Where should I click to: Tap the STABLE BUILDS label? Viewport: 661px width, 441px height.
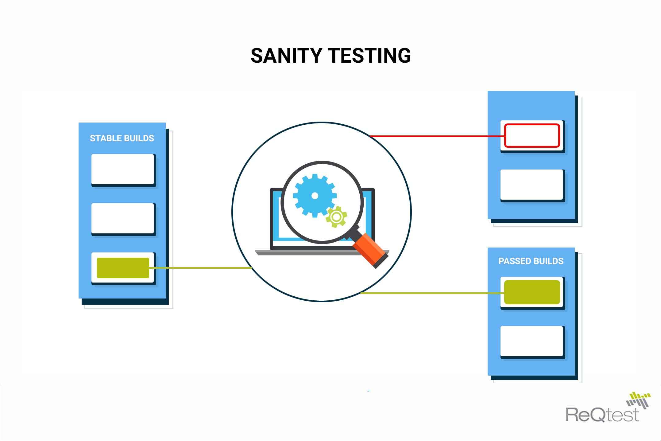[x=122, y=138]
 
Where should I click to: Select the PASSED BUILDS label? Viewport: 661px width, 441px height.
[x=531, y=261]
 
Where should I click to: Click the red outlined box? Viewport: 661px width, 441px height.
[x=532, y=135]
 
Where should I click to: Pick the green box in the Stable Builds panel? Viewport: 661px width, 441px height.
[x=123, y=268]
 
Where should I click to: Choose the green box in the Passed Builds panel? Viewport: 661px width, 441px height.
[x=532, y=292]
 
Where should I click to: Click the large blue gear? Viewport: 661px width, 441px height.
[x=315, y=196]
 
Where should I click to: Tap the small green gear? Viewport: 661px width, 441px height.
[x=336, y=217]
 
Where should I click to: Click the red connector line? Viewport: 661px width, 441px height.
[x=437, y=136]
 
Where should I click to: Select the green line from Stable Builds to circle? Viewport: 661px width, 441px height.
[x=201, y=268]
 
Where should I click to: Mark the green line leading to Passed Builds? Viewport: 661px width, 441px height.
[x=432, y=293]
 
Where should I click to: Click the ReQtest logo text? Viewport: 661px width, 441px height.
[x=602, y=414]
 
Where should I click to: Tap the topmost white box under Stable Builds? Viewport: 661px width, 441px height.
[x=123, y=169]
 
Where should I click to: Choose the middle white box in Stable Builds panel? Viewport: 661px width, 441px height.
[x=123, y=218]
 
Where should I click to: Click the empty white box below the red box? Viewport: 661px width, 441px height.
[x=532, y=185]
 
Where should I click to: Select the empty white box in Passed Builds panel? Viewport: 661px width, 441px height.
[x=532, y=341]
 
